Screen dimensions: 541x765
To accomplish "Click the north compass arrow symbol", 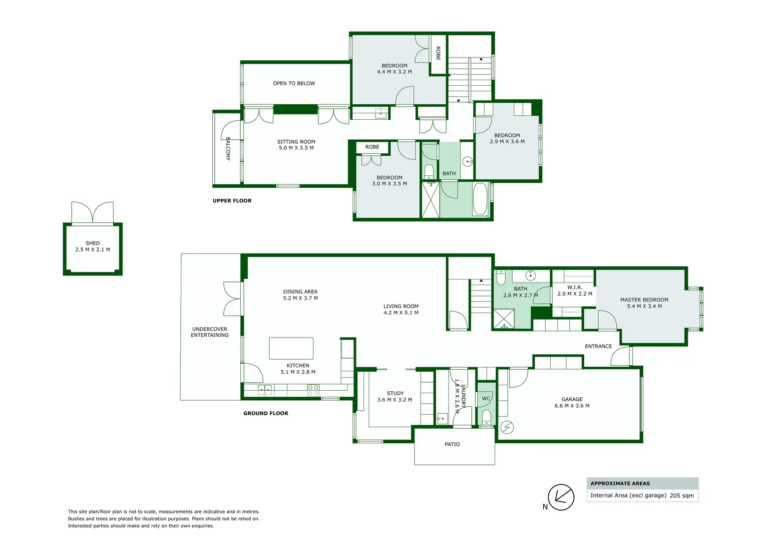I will coord(561,497).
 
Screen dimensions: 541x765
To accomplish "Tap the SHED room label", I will coord(93,243).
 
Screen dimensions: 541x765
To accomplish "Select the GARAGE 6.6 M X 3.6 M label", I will coord(572,403).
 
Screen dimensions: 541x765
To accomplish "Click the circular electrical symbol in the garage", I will coord(507,427).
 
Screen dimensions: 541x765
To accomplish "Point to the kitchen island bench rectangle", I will coord(291,348).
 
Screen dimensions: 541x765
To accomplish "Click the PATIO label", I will coord(452,444).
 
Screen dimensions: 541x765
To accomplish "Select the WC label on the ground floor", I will coord(486,399).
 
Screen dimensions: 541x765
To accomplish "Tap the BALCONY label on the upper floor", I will coord(228,149).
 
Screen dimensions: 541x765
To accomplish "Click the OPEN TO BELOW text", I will coord(294,84).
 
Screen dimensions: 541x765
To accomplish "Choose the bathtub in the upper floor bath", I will coord(480,199).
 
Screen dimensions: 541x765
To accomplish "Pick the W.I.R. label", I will coord(575,288).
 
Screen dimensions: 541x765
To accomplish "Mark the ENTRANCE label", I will coord(598,346).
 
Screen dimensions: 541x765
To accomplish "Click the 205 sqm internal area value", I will coord(682,495).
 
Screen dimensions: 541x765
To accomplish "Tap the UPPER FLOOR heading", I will coord(232,201).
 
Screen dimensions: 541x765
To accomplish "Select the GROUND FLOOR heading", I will coord(265,413).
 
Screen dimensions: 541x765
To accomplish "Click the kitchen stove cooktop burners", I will coord(313,390).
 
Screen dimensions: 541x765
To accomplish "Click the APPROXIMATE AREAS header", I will coord(620,483).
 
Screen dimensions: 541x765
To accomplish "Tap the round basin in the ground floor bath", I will coord(531,276).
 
